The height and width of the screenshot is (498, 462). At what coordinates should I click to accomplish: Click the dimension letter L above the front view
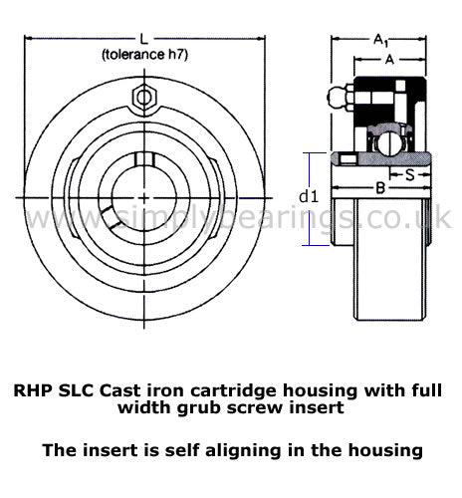143,40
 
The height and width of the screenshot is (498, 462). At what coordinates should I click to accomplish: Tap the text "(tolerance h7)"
144,55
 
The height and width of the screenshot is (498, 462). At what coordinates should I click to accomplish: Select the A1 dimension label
380,40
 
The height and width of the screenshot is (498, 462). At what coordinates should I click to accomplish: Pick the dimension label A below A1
389,60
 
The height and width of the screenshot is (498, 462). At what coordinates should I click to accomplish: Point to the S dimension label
410,174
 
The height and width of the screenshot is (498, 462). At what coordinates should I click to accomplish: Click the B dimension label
380,188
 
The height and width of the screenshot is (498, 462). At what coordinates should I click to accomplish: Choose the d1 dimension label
309,196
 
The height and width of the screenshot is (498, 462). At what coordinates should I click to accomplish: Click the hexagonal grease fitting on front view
144,98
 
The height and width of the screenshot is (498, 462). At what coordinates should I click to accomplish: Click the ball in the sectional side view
387,144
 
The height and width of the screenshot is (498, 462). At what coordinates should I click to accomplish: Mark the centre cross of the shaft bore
144,198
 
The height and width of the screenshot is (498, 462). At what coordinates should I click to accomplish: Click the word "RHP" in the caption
33,390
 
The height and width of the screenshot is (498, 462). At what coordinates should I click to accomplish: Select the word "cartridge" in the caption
233,391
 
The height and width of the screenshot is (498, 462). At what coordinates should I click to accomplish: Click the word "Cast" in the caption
118,390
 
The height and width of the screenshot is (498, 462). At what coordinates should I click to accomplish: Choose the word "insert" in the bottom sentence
110,451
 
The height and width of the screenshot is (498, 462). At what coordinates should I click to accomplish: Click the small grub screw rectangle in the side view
348,159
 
